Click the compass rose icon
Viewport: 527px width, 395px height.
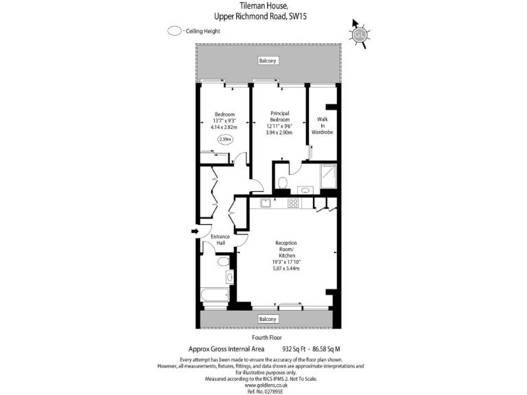click(359, 34)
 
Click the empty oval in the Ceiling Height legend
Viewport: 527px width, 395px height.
click(174, 31)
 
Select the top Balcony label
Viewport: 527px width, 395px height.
click(268, 61)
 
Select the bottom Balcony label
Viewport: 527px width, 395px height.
click(268, 319)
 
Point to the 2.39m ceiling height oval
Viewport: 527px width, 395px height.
click(224, 139)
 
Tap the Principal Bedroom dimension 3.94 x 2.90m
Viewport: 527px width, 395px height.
click(279, 132)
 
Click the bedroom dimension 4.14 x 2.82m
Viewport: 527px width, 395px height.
click(224, 127)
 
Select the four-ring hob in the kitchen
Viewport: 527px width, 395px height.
click(293, 202)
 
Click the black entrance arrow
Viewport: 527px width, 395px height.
click(195, 232)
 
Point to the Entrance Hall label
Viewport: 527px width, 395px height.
click(220, 240)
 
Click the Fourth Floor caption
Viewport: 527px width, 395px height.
click(267, 338)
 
